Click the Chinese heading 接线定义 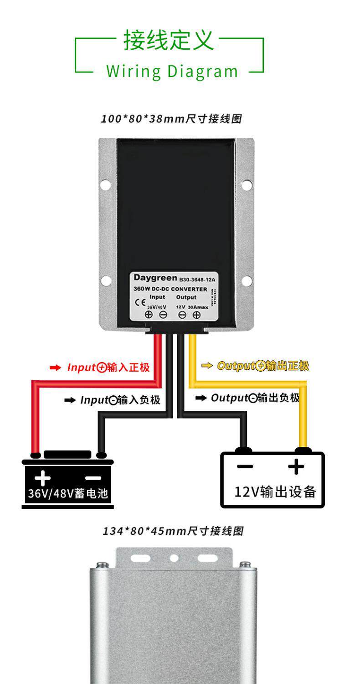click(169, 41)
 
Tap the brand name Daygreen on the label click(155, 278)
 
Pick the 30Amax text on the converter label click(198, 307)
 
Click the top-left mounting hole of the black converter click(105, 185)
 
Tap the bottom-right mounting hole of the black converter click(247, 280)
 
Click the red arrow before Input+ click(55, 368)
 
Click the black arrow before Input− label click(70, 400)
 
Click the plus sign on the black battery click(42, 478)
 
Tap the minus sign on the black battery click(93, 477)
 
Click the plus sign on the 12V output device click(296, 466)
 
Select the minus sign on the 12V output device click(245, 466)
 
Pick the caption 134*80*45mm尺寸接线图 click(173, 531)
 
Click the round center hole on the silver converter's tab click(174, 558)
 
